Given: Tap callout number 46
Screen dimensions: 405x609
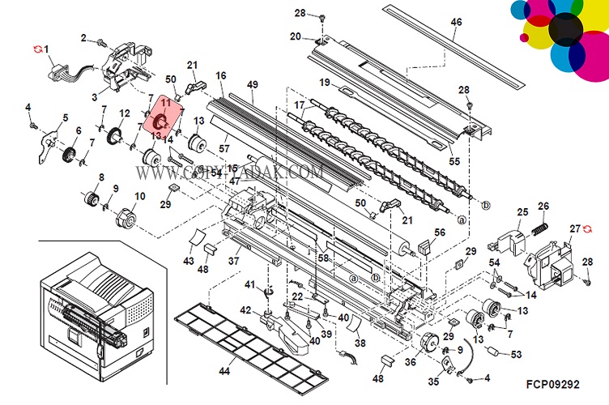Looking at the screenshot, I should [x=456, y=22].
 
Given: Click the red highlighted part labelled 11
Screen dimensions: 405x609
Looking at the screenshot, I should [x=160, y=121].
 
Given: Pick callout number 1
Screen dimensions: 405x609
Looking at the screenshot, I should [x=46, y=49].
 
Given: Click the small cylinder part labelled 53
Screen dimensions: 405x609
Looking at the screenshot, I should [x=492, y=352].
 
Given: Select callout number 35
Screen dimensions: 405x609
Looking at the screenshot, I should [x=432, y=382].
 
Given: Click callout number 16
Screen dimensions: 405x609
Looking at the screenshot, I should [x=220, y=75].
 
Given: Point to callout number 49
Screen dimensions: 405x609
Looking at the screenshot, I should [x=253, y=85].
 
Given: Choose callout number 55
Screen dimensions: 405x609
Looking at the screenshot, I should [x=454, y=161].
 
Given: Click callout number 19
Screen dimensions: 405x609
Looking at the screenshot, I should [x=324, y=83].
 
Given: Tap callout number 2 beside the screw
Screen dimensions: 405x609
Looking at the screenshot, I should [x=83, y=37].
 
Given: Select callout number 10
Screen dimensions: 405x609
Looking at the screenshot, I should [x=140, y=196].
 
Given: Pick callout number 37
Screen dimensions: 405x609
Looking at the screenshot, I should [x=233, y=261].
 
